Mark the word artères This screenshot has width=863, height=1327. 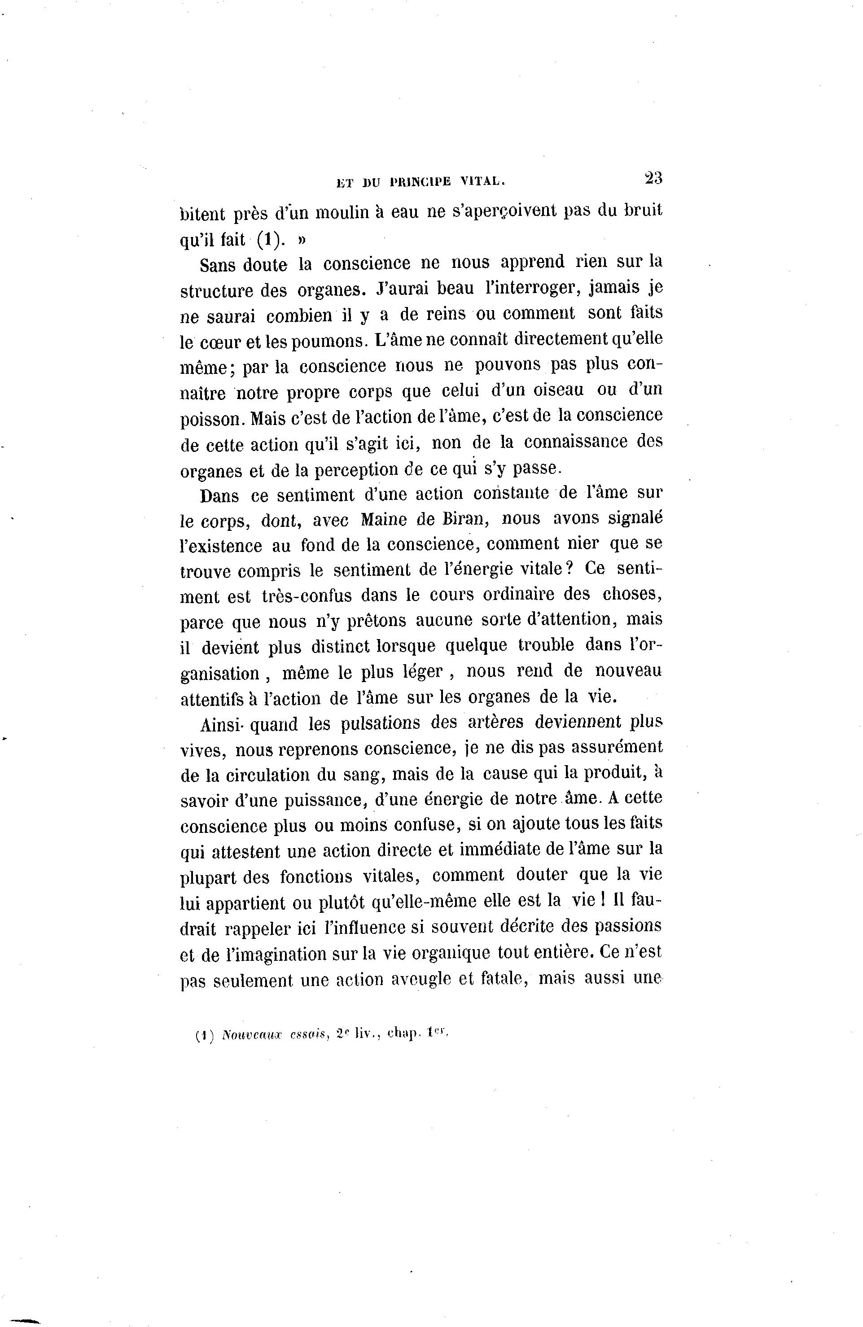(495, 722)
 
